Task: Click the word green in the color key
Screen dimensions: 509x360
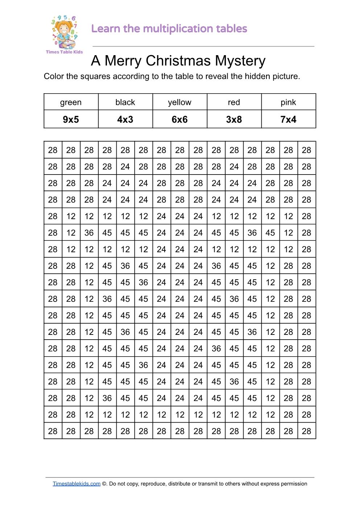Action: point(71,102)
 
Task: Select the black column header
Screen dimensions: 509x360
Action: point(125,102)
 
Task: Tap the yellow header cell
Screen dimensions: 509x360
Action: point(179,102)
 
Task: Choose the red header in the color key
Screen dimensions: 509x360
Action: point(234,102)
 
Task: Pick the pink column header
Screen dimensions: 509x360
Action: point(288,102)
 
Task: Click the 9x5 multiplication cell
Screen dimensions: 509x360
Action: point(71,119)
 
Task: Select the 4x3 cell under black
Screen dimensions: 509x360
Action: point(125,119)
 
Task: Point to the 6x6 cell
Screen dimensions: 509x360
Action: point(179,119)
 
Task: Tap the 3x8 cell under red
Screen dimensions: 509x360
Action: point(234,119)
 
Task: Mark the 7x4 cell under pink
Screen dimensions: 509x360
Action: point(288,119)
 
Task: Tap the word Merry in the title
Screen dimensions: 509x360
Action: point(123,61)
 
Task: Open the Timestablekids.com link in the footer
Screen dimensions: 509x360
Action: point(76,484)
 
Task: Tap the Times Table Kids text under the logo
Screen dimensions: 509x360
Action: point(64,52)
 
